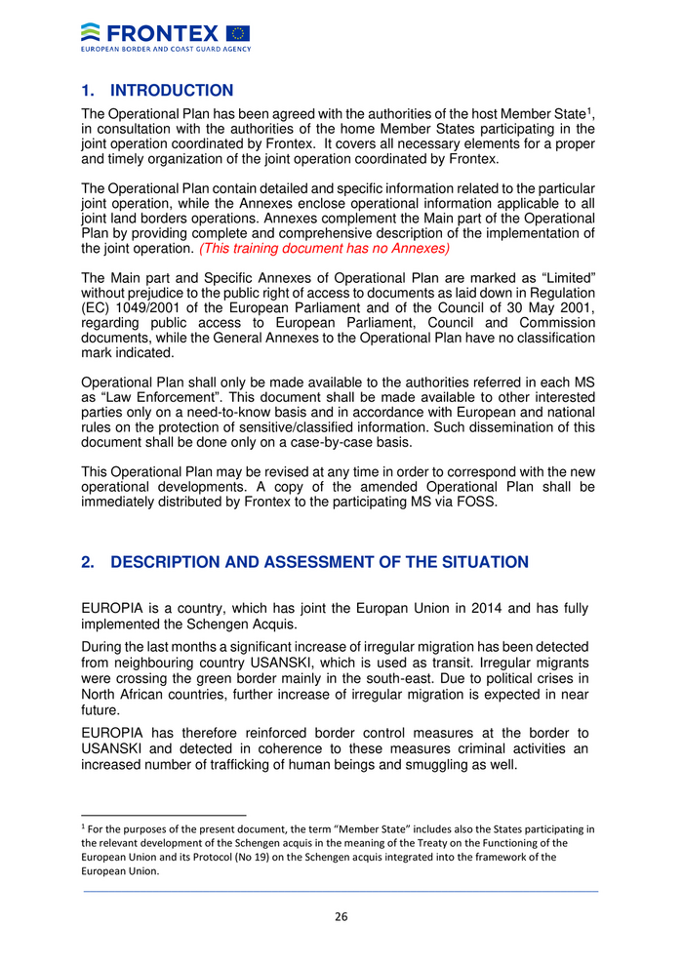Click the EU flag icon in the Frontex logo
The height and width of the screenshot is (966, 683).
click(237, 33)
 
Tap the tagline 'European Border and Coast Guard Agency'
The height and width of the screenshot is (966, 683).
click(166, 48)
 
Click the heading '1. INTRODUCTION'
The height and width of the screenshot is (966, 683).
click(157, 91)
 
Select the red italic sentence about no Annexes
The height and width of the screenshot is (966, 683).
click(324, 249)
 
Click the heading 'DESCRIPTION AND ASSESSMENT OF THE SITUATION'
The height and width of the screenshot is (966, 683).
click(320, 562)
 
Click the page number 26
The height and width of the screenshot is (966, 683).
click(341, 916)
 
